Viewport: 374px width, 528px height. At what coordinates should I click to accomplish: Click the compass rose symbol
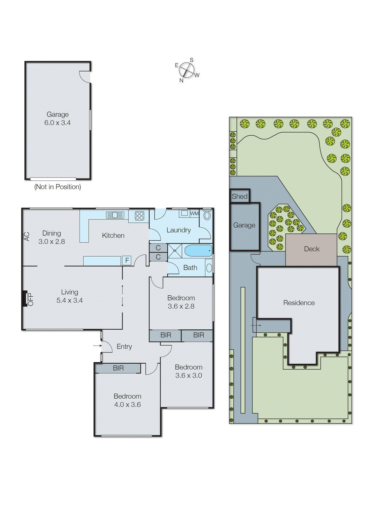pyautogui.click(x=187, y=70)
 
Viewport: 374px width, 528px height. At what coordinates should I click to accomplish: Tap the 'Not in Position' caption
pyautogui.click(x=57, y=187)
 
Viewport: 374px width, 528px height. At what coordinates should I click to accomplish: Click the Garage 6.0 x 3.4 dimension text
pyautogui.click(x=57, y=123)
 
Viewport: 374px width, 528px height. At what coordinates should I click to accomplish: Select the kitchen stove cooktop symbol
pyautogui.click(x=139, y=216)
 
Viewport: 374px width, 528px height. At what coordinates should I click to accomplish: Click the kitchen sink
pyautogui.click(x=115, y=215)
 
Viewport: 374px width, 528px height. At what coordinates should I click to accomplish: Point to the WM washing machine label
pyautogui.click(x=194, y=214)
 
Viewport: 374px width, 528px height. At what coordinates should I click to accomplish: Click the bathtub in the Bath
pyautogui.click(x=198, y=250)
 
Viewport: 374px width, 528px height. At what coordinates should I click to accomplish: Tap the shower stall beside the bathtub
pyautogui.click(x=175, y=251)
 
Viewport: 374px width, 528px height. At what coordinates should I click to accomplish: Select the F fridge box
pyautogui.click(x=127, y=260)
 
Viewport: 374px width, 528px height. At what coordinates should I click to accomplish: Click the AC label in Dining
pyautogui.click(x=27, y=236)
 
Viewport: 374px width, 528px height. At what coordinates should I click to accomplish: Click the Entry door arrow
pyautogui.click(x=97, y=346)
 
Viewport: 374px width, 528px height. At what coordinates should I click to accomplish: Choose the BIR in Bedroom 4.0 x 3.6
pyautogui.click(x=118, y=368)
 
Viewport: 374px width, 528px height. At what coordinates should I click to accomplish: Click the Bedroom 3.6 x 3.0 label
pyautogui.click(x=188, y=371)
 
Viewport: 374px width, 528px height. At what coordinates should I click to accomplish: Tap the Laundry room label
pyautogui.click(x=179, y=230)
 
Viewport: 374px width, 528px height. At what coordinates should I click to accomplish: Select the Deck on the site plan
pyautogui.click(x=311, y=249)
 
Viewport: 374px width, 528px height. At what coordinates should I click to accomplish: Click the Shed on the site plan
pyautogui.click(x=240, y=196)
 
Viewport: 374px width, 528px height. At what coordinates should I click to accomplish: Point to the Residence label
pyautogui.click(x=299, y=303)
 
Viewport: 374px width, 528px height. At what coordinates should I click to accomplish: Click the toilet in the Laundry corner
pyautogui.click(x=207, y=215)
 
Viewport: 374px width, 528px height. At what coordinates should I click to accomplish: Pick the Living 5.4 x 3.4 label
pyautogui.click(x=70, y=296)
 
